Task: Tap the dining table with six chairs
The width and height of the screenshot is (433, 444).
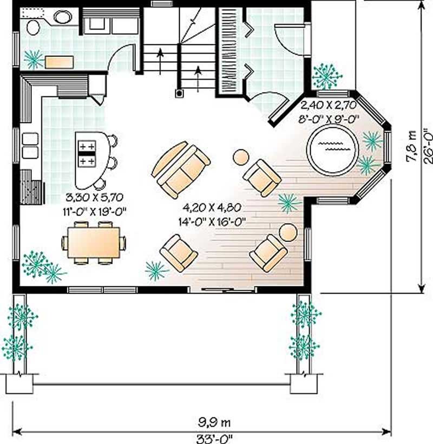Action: (93, 243)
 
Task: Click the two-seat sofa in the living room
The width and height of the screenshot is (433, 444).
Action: (181, 169)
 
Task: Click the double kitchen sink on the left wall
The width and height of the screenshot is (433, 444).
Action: (30, 146)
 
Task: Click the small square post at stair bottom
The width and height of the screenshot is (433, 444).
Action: (179, 93)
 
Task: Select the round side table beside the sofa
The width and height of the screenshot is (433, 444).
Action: (240, 157)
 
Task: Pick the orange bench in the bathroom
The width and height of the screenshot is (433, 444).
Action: (59, 61)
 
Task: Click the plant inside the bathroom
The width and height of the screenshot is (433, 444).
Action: (34, 58)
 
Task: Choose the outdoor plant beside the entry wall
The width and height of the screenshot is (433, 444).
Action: (327, 76)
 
